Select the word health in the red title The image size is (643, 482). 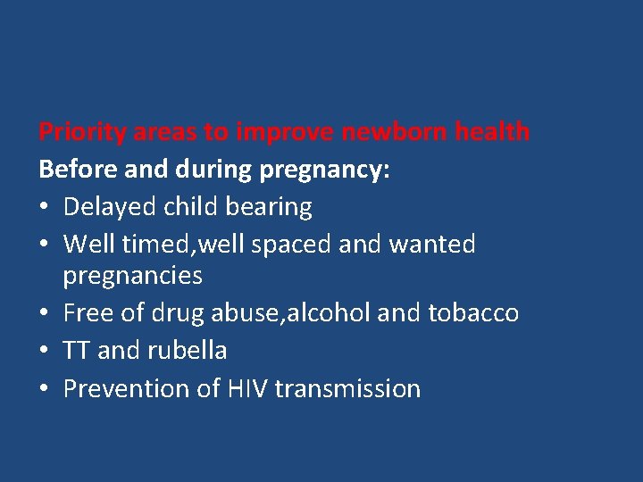point(491,133)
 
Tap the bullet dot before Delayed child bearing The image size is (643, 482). point(45,208)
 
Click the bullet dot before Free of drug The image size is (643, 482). point(45,313)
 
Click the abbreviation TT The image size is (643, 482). point(77,350)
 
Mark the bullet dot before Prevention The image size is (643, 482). point(45,388)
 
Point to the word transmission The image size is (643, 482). point(348,388)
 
